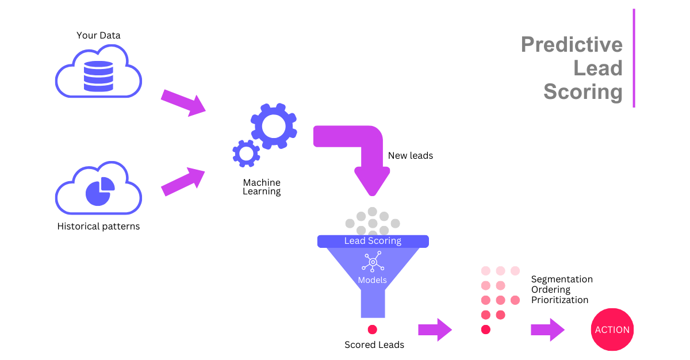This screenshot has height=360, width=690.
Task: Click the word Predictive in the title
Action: [x=572, y=45]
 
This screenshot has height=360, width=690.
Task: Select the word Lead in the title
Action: [x=598, y=68]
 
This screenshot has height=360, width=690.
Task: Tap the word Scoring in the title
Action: [x=583, y=92]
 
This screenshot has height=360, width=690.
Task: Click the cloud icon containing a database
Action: [x=98, y=71]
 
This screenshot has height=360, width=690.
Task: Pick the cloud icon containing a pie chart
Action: [x=98, y=188]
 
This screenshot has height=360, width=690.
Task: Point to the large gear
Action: [x=274, y=127]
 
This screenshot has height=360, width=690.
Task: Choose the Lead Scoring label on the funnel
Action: [x=373, y=241]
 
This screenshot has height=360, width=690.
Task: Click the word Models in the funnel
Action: [x=373, y=281]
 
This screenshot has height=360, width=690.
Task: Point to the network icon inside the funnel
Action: [x=373, y=262]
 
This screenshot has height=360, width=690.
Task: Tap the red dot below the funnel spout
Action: [x=373, y=330]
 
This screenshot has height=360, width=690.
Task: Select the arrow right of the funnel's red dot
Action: [x=435, y=330]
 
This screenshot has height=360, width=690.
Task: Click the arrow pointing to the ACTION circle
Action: [x=548, y=330]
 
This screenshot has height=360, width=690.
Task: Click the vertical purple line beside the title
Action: [x=634, y=58]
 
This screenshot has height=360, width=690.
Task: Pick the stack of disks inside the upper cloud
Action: [x=98, y=76]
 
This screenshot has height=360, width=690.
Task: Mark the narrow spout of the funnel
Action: [x=373, y=302]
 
